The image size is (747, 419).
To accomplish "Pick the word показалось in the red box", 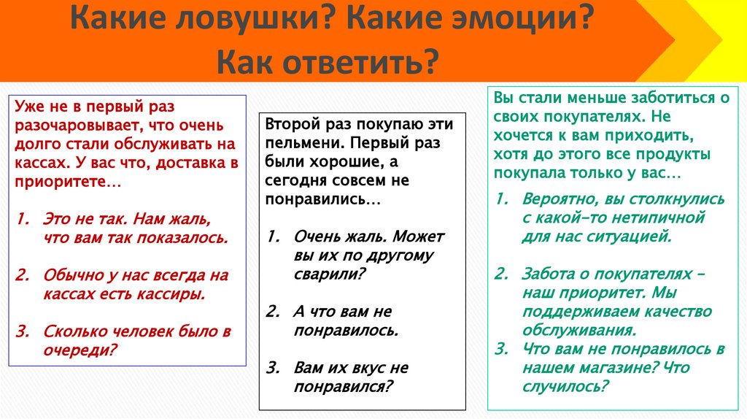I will (x=189, y=237).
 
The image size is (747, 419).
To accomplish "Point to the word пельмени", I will (x=298, y=142).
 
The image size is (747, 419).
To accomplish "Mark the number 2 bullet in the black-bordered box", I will (x=272, y=312).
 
